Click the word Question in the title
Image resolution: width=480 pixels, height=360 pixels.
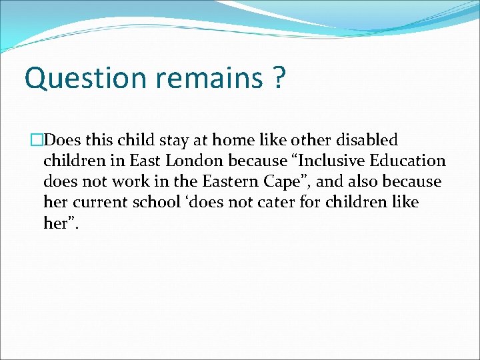click(x=85, y=79)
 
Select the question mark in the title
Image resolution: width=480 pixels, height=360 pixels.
click(x=279, y=79)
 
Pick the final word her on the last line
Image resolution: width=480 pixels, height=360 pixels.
click(x=59, y=223)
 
